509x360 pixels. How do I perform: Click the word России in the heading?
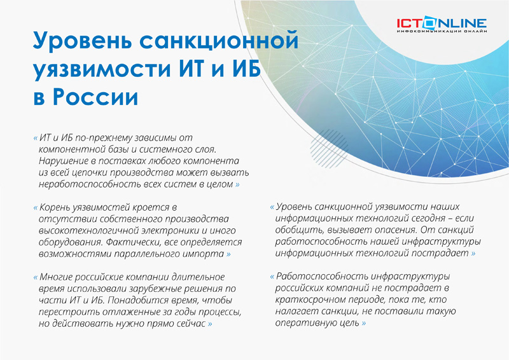(95, 97)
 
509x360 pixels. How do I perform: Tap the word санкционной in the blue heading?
(219, 40)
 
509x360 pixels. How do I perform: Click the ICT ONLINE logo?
(442, 25)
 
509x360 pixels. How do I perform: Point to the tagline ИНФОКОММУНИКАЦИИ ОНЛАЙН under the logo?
(442, 31)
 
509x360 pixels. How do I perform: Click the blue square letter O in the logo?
(430, 23)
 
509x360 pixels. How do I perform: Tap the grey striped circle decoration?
(328, 149)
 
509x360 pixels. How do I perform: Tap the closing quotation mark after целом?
(237, 184)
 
